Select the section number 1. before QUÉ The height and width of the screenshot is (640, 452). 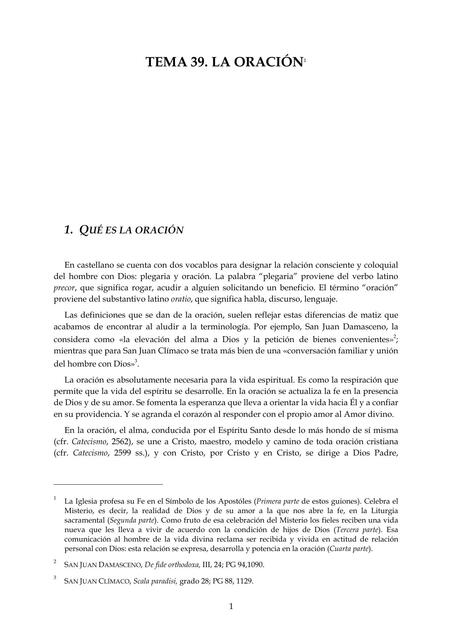tap(70, 229)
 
